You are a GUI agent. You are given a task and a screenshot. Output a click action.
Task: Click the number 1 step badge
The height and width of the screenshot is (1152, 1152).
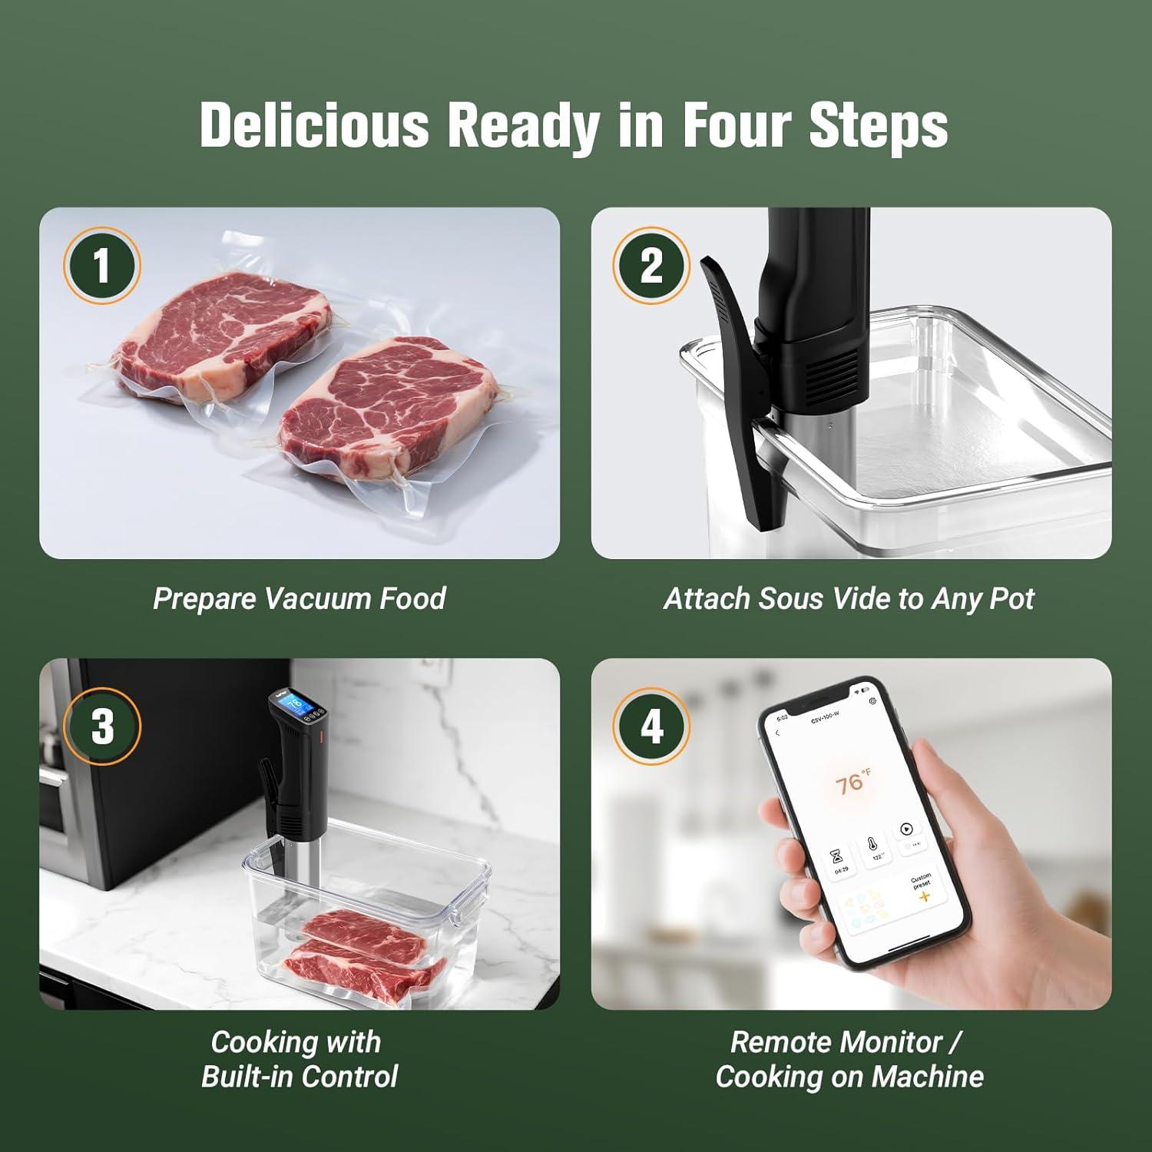pos(101,266)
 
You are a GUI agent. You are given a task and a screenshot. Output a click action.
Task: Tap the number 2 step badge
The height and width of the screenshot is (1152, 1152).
pos(651,266)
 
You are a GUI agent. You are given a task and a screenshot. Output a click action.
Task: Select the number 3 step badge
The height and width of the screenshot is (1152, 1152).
pos(101,726)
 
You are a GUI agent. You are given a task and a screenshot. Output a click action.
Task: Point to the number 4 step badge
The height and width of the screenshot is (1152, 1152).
pos(651,726)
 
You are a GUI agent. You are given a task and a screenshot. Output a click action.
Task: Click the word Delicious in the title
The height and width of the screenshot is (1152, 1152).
pos(314,124)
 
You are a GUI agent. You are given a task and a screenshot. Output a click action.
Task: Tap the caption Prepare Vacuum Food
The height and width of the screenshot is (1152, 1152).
pos(299,598)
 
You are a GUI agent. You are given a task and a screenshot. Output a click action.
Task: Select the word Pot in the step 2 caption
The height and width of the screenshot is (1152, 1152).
pos(1011,598)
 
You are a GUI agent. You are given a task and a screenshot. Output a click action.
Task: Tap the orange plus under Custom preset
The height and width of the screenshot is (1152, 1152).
pos(924,896)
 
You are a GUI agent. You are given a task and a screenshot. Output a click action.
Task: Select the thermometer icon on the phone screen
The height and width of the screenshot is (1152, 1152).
pos(873,843)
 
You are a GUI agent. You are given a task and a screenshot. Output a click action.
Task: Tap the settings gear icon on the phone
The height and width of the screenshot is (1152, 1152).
pos(872,701)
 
